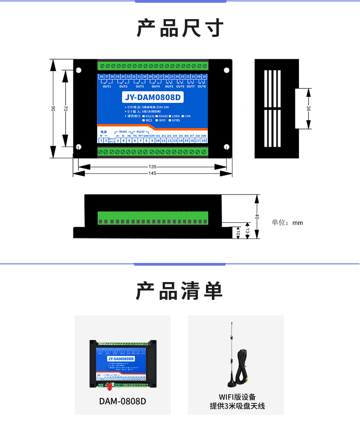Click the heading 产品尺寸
(180, 28)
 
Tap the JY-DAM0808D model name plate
(153, 98)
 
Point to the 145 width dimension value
(152, 174)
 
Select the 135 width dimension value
(152, 166)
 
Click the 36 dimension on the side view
(309, 108)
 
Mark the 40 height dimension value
(257, 217)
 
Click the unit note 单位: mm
(287, 223)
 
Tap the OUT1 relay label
(107, 86)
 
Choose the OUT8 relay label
(201, 86)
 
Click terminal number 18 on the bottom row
(204, 140)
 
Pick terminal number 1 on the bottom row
(100, 140)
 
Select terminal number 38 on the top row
(101, 76)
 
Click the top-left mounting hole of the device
(78, 71)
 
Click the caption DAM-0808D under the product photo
(123, 401)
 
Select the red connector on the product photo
(109, 387)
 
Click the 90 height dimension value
(53, 108)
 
